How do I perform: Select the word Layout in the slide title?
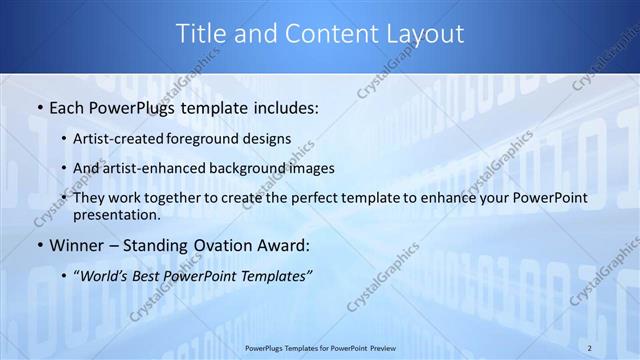pos(422,33)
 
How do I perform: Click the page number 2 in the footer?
pos(590,347)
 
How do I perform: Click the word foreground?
pos(216,138)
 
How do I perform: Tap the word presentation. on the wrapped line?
pos(124,214)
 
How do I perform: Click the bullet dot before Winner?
pos(39,245)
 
